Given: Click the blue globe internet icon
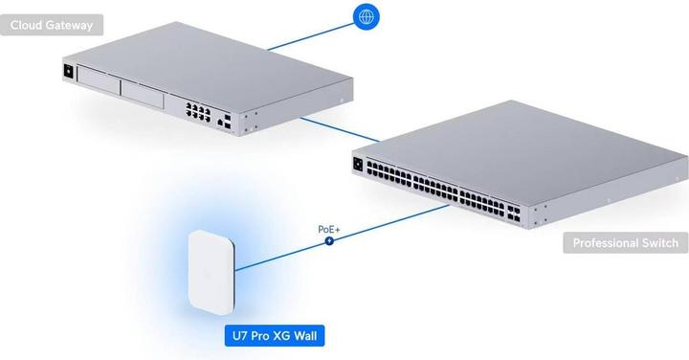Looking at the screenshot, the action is point(365,16).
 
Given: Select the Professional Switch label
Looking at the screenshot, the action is point(625,243).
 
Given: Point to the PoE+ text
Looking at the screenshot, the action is point(330,230).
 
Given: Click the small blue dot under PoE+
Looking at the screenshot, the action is point(330,242).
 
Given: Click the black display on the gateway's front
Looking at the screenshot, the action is point(68,71).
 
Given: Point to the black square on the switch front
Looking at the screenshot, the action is point(360,163).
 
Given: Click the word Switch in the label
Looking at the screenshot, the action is point(657,243).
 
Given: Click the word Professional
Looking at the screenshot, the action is point(605,243).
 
